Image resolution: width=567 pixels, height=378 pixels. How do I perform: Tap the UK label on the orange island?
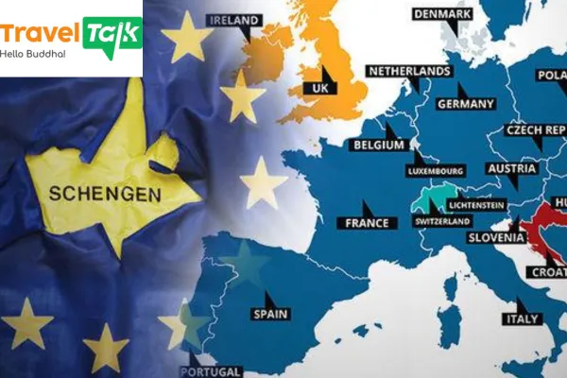click(x=318, y=89)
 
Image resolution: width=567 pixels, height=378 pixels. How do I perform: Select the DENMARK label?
click(x=442, y=13)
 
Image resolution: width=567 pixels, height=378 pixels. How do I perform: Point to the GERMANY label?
click(x=466, y=103)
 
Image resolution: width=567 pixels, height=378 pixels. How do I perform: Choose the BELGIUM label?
click(x=378, y=146)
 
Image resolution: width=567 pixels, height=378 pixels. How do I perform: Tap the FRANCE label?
click(x=367, y=223)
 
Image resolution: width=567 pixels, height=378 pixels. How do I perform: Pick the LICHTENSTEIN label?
click(x=476, y=204)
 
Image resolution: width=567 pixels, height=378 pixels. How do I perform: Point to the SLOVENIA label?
click(x=496, y=238)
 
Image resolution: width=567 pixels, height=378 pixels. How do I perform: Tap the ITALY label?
click(x=522, y=318)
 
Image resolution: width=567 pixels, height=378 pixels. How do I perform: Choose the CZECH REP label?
click(x=535, y=129)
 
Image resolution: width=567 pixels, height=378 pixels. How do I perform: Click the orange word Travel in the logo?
click(x=40, y=35)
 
